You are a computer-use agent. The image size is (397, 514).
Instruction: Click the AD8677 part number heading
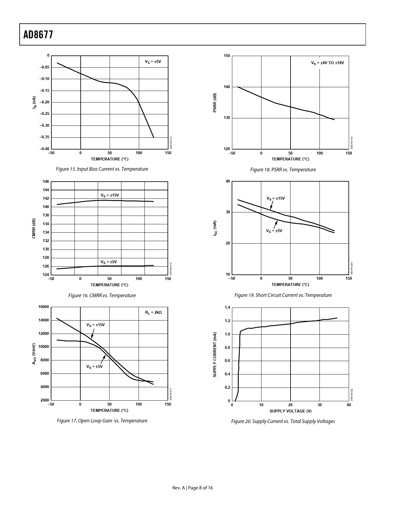pyautogui.click(x=38, y=35)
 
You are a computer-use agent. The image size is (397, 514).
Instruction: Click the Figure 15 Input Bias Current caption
pyautogui.click(x=102, y=169)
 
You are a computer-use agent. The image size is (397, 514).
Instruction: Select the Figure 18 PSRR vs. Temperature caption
pyautogui.click(x=283, y=170)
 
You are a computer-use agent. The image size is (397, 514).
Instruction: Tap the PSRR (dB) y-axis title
pyautogui.click(x=215, y=103)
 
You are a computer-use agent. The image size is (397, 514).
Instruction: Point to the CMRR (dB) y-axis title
pyautogui.click(x=34, y=229)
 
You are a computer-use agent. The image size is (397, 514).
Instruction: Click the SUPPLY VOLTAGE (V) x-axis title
pyautogui.click(x=290, y=411)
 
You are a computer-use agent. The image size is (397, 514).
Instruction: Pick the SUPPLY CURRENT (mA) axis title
pyautogui.click(x=215, y=355)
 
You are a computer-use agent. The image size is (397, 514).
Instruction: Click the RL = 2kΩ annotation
pyautogui.click(x=153, y=312)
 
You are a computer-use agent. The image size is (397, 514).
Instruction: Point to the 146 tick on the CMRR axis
pyautogui.click(x=46, y=182)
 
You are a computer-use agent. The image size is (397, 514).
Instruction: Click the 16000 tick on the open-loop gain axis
pyautogui.click(x=44, y=307)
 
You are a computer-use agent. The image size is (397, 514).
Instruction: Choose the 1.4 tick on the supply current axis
pyautogui.click(x=227, y=308)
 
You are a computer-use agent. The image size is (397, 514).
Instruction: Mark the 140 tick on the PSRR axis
pyautogui.click(x=227, y=87)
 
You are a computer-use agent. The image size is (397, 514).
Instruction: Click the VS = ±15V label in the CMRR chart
pyautogui.click(x=110, y=195)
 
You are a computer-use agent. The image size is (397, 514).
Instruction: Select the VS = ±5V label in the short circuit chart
pyautogui.click(x=274, y=231)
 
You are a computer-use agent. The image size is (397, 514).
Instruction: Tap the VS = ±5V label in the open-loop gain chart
pyautogui.click(x=94, y=367)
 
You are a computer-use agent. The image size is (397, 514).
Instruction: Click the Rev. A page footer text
pyautogui.click(x=192, y=488)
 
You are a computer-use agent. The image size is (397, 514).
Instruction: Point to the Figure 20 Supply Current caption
pyautogui.click(x=283, y=421)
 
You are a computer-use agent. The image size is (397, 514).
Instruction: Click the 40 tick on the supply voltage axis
pyautogui.click(x=349, y=405)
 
